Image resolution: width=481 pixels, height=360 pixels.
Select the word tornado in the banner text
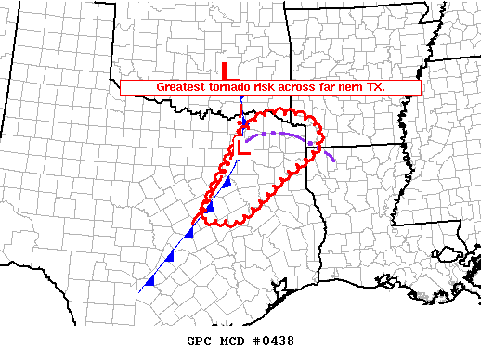(x=228, y=86)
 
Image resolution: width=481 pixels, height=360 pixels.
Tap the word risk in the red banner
(x=266, y=86)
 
